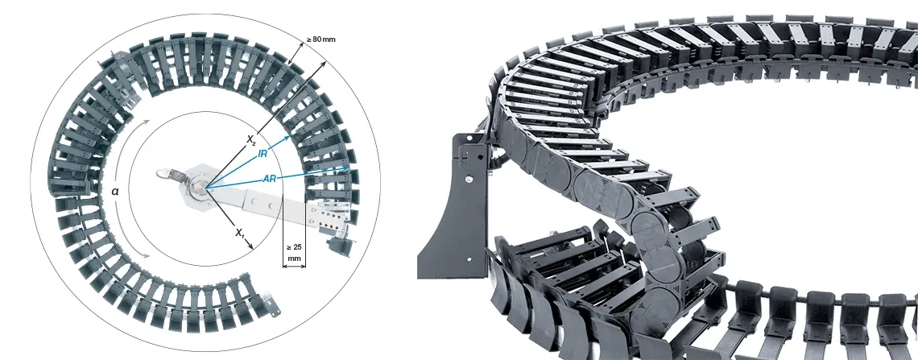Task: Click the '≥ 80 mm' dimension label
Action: click(320, 39)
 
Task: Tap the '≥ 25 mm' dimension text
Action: click(294, 252)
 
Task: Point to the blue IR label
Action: click(263, 153)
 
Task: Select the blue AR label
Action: click(269, 178)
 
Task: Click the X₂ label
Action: click(251, 139)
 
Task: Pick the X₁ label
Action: click(239, 233)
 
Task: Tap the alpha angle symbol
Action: click(114, 191)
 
